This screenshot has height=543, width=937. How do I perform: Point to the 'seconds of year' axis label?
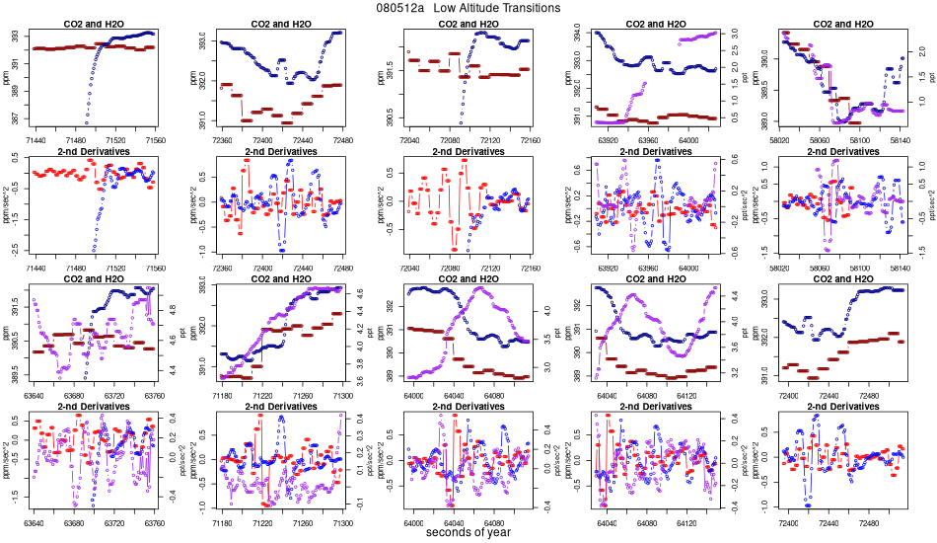click(x=468, y=533)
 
